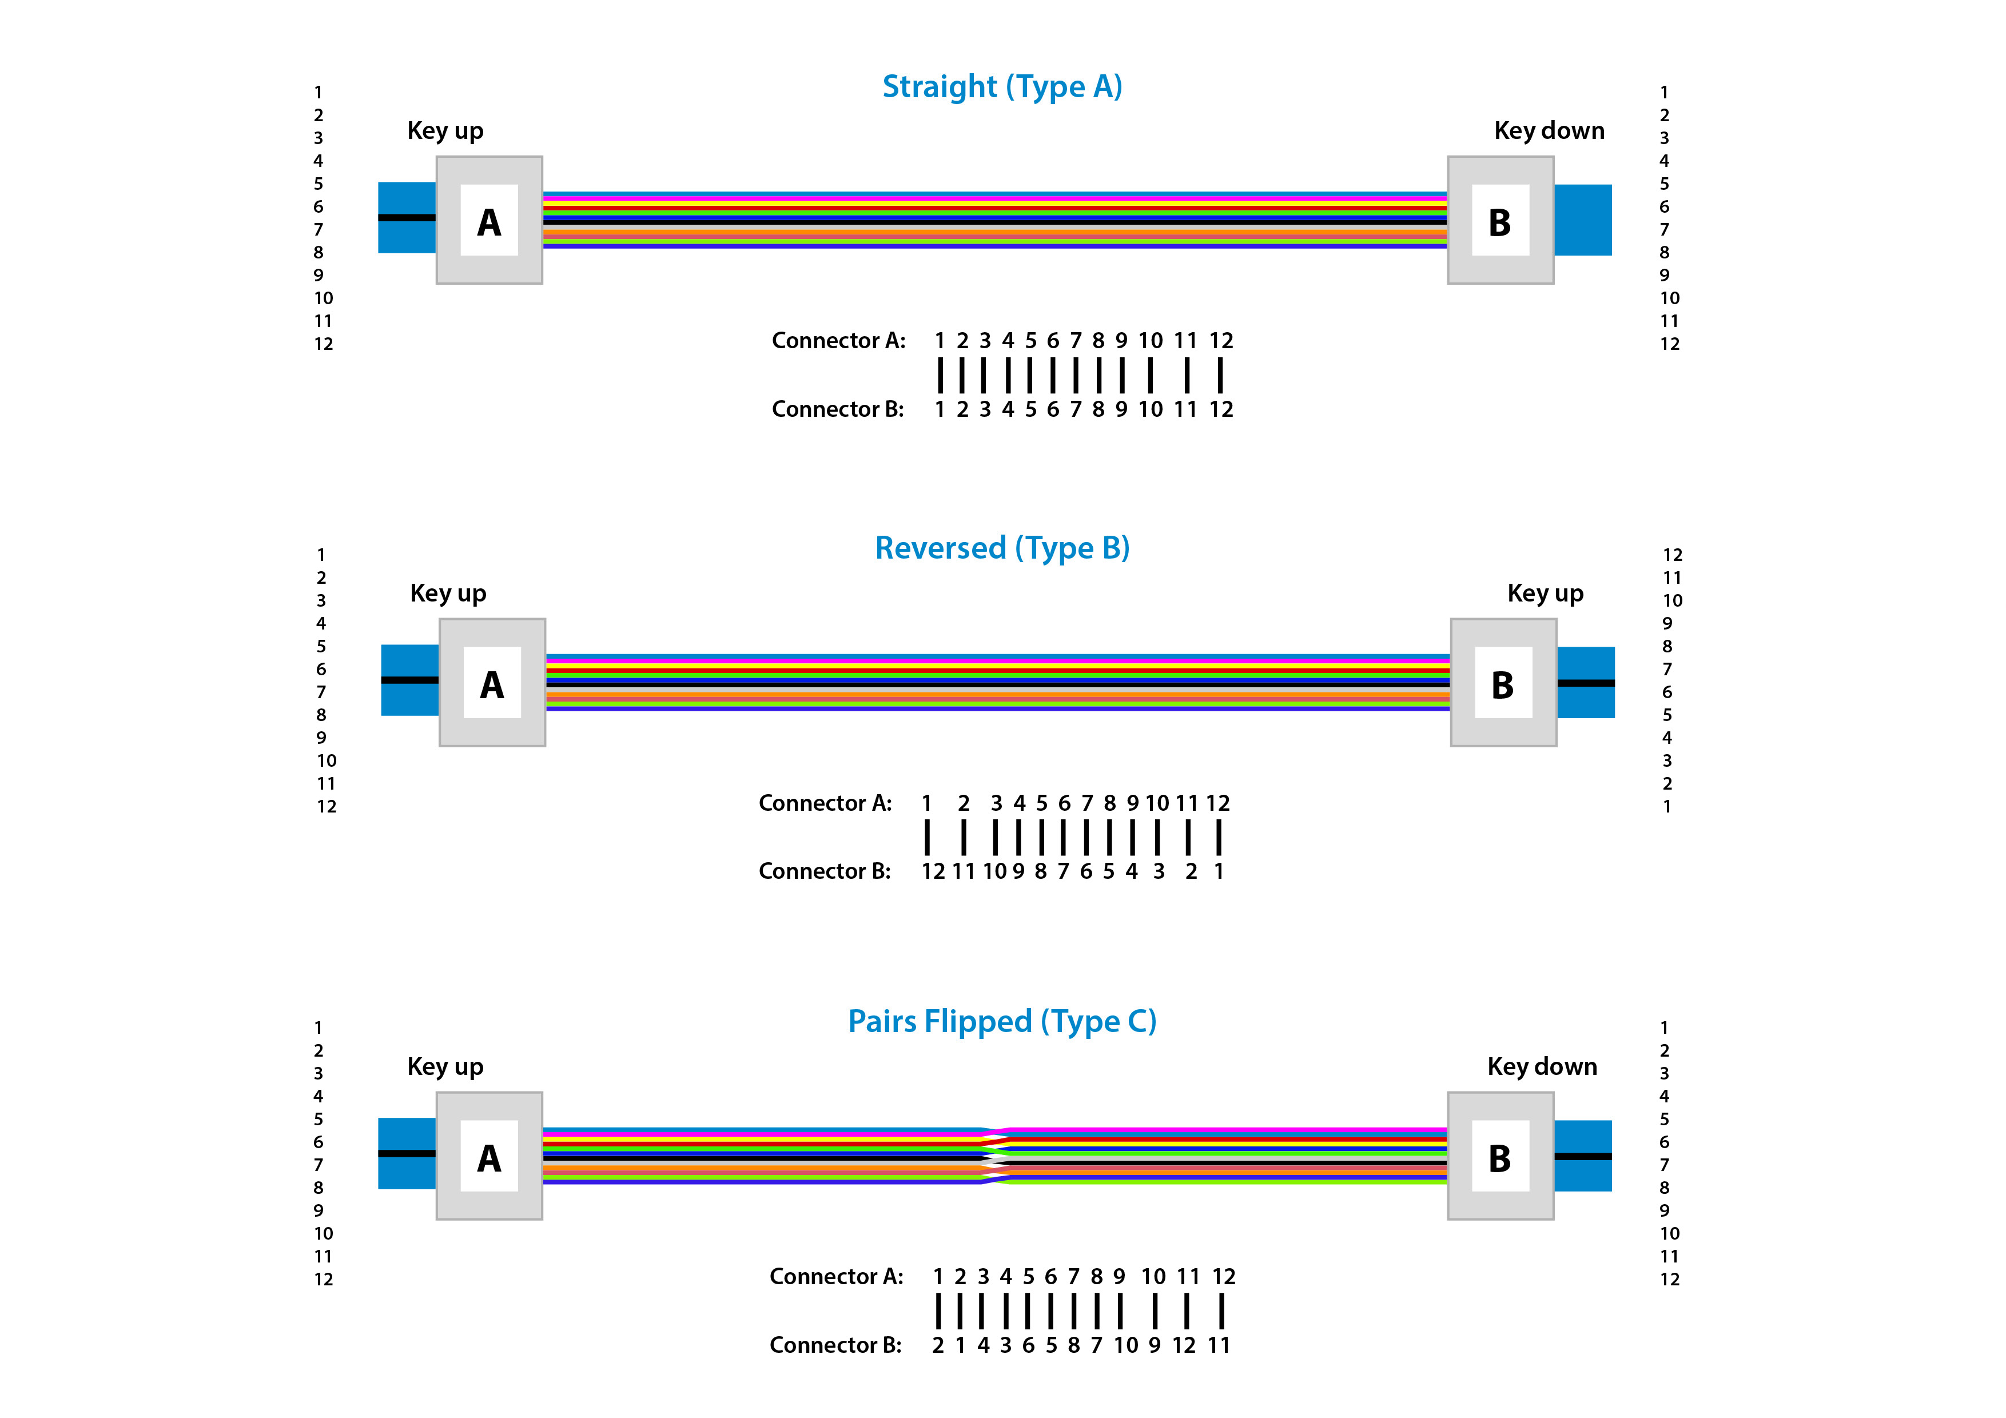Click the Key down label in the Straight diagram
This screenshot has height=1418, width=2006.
point(1549,131)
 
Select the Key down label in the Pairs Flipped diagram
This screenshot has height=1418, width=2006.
point(1542,1067)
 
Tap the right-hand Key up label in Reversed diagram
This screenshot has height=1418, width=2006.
point(1545,594)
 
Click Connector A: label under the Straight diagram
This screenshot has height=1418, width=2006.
point(838,341)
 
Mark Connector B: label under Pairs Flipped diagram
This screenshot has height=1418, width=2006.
point(835,1345)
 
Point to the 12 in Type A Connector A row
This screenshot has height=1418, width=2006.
point(1220,341)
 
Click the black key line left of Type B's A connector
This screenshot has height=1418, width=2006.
point(410,680)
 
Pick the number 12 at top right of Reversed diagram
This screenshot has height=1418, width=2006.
point(1672,555)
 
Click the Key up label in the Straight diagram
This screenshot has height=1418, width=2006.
point(445,131)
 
